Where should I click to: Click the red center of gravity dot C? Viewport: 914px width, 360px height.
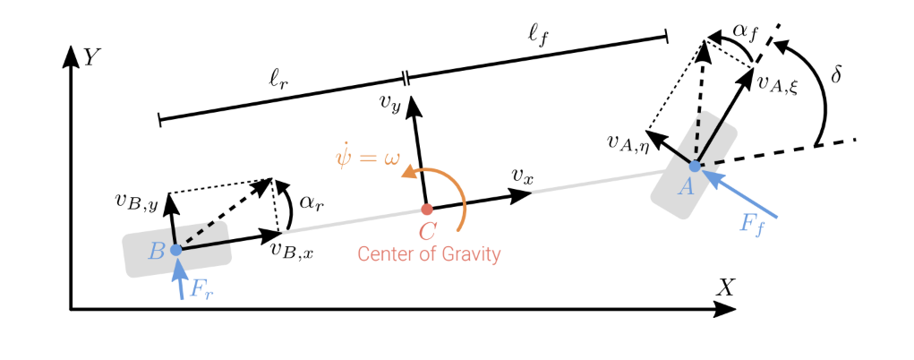point(427,210)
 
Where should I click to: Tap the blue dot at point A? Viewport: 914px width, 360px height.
point(695,166)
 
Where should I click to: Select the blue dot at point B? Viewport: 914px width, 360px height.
point(176,250)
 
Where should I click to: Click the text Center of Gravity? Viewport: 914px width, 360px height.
point(429,255)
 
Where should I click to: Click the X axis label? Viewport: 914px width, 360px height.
point(725,287)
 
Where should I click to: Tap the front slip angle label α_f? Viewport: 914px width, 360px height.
point(745,31)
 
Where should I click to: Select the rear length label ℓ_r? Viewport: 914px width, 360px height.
point(279,81)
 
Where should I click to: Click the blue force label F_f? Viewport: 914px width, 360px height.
point(753,225)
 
